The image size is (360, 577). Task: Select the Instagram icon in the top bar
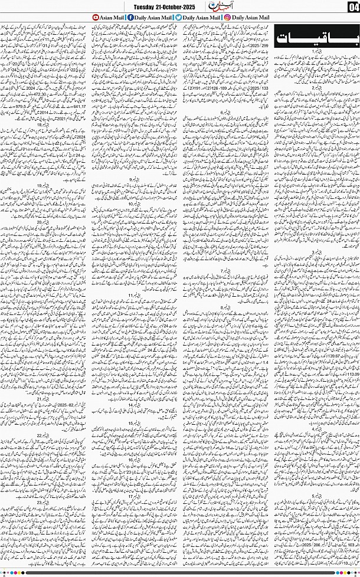(228, 18)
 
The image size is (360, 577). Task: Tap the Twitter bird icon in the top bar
(178, 18)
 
